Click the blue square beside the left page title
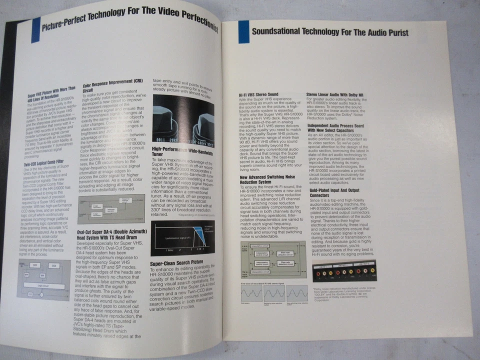click(35, 29)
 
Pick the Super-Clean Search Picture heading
click(176, 262)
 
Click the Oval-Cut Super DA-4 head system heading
click(112, 235)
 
